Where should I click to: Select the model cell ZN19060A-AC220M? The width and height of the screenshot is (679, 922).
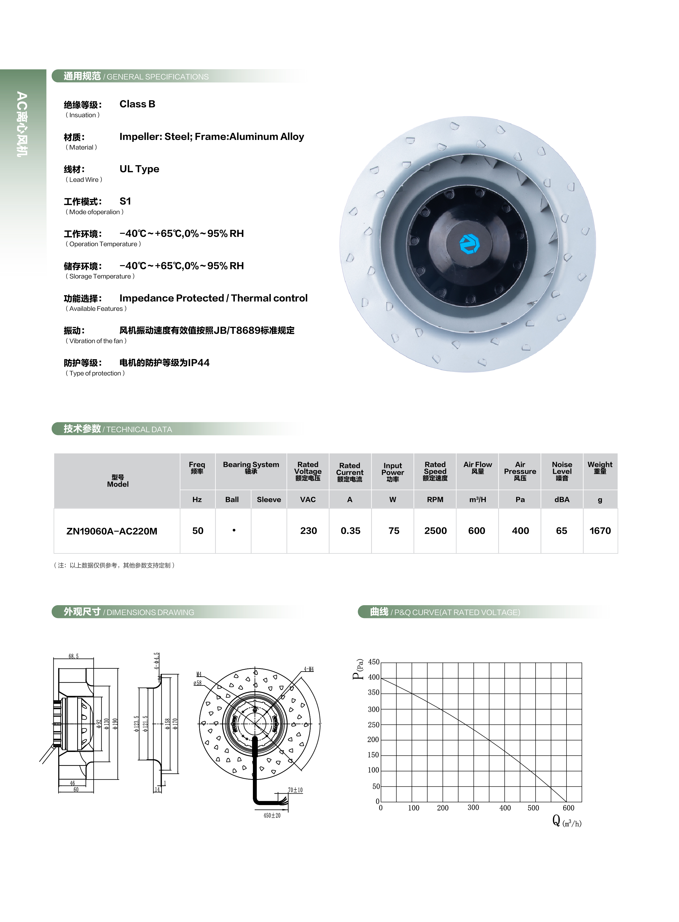pos(112,531)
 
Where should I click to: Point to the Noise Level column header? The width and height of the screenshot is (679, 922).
pos(562,471)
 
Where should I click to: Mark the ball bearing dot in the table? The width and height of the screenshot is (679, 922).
pos(234,530)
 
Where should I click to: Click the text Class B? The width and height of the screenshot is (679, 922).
pos(137,104)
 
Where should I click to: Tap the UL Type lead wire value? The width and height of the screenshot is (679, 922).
pos(139,169)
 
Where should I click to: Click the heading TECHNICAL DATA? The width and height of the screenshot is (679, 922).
pos(139,429)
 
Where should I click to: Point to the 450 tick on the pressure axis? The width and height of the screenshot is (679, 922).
pos(374,662)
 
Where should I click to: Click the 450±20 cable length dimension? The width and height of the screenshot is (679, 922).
pos(272,815)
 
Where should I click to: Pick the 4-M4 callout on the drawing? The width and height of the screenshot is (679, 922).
pos(309,669)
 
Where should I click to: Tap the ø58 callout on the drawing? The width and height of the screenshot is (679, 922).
pos(198,683)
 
